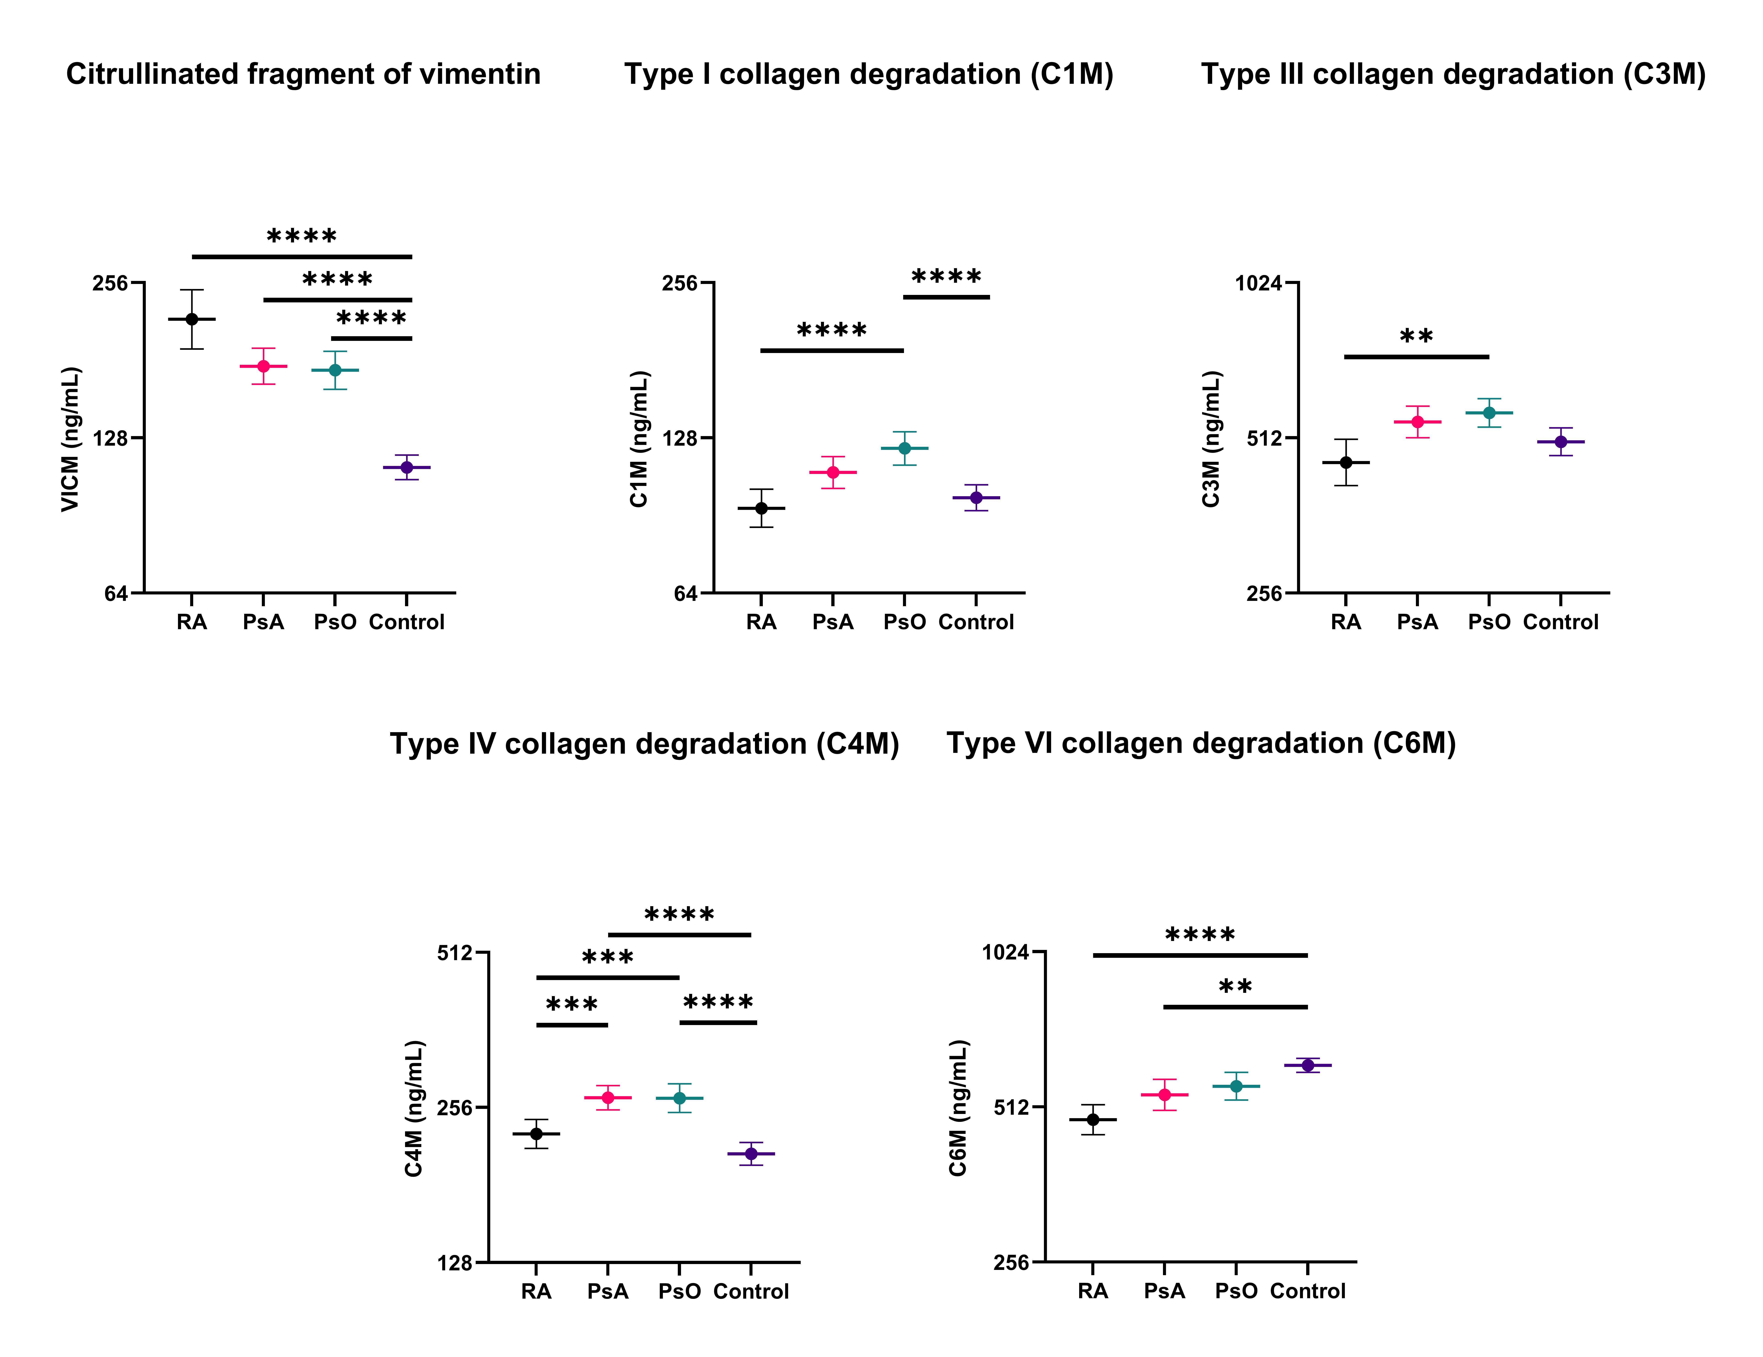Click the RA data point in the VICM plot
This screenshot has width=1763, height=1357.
coord(192,319)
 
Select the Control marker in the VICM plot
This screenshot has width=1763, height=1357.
coord(407,467)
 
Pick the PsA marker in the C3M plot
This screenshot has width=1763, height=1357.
coord(1418,421)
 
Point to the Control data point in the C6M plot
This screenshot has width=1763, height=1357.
coord(1308,1066)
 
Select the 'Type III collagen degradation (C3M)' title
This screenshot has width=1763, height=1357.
coord(1453,74)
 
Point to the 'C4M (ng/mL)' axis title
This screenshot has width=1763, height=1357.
coord(414,1108)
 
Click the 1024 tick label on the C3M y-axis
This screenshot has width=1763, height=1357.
coord(1258,283)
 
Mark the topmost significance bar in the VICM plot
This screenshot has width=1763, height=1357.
coord(302,257)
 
